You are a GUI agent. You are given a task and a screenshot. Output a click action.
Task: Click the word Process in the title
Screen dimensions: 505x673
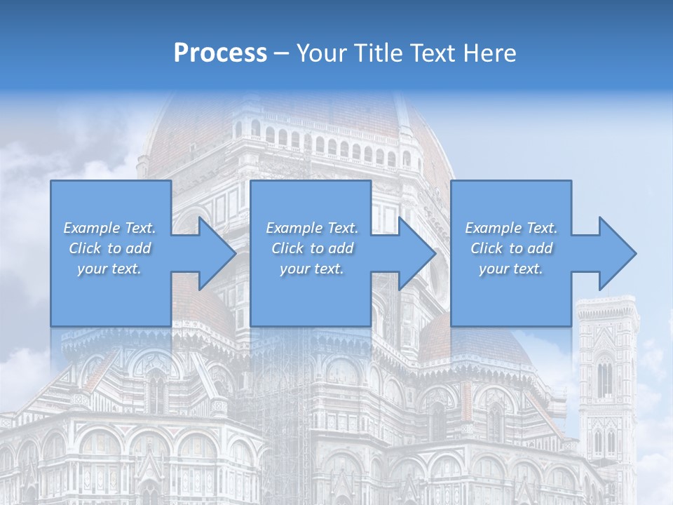pyautogui.click(x=220, y=53)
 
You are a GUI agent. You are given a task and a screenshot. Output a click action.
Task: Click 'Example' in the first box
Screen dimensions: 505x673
pyautogui.click(x=90, y=228)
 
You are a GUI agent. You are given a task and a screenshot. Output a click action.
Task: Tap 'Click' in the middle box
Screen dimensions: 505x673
pyautogui.click(x=287, y=248)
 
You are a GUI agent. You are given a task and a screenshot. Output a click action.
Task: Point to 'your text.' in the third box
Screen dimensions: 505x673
pyautogui.click(x=511, y=269)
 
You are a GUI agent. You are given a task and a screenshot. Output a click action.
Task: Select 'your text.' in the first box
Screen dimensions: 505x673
pyautogui.click(x=110, y=269)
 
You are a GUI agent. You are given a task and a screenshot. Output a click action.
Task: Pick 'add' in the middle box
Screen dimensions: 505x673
pyautogui.click(x=341, y=248)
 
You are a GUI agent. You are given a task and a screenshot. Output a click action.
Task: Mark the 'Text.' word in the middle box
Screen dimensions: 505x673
pyautogui.click(x=341, y=228)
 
